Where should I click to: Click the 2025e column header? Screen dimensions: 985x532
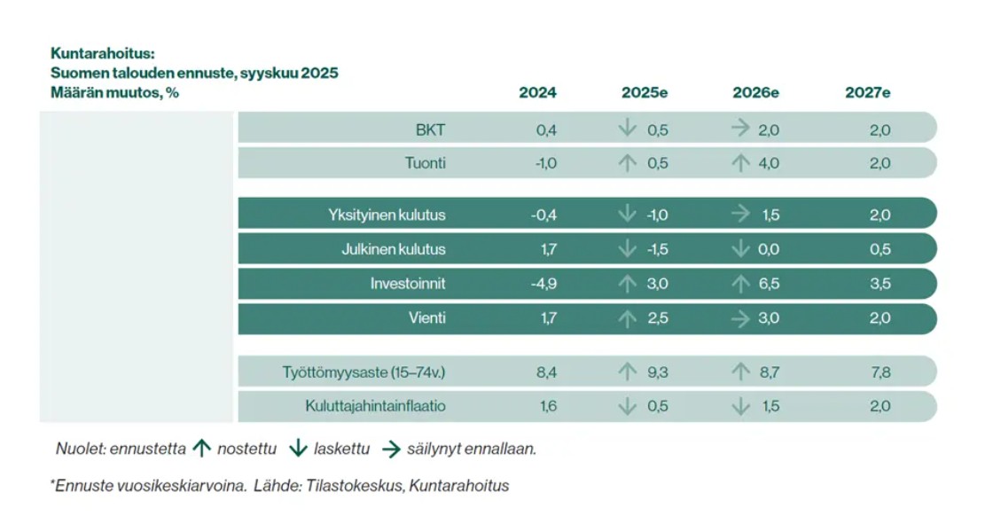pos(645,92)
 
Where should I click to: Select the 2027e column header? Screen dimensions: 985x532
pos(868,92)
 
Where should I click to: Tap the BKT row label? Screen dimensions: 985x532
pos(430,130)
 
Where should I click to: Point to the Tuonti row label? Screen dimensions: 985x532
pos(426,163)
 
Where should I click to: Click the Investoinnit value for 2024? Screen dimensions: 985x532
pos(544,284)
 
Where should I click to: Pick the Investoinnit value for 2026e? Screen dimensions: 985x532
pos(769,284)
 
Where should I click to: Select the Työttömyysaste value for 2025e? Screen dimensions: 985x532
pos(658,372)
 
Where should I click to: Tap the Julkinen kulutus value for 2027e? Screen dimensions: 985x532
pos(880,249)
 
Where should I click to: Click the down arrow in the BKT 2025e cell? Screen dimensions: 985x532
pos(627,129)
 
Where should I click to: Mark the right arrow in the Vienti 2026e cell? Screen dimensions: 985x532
pos(740,318)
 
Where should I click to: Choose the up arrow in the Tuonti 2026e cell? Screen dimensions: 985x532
pos(740,163)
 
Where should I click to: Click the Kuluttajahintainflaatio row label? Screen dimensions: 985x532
pos(376,406)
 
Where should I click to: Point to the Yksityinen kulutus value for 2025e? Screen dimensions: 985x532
pos(657,215)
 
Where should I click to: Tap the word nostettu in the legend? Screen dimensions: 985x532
pos(246,449)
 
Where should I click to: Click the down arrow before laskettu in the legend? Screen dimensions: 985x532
pos(299,449)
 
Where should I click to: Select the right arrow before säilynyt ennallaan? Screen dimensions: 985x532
pos(391,449)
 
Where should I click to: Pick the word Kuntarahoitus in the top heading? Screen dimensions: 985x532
pos(102,54)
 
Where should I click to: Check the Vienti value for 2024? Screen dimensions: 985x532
pos(549,318)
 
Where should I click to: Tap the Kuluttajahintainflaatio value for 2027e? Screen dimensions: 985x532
pos(880,406)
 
